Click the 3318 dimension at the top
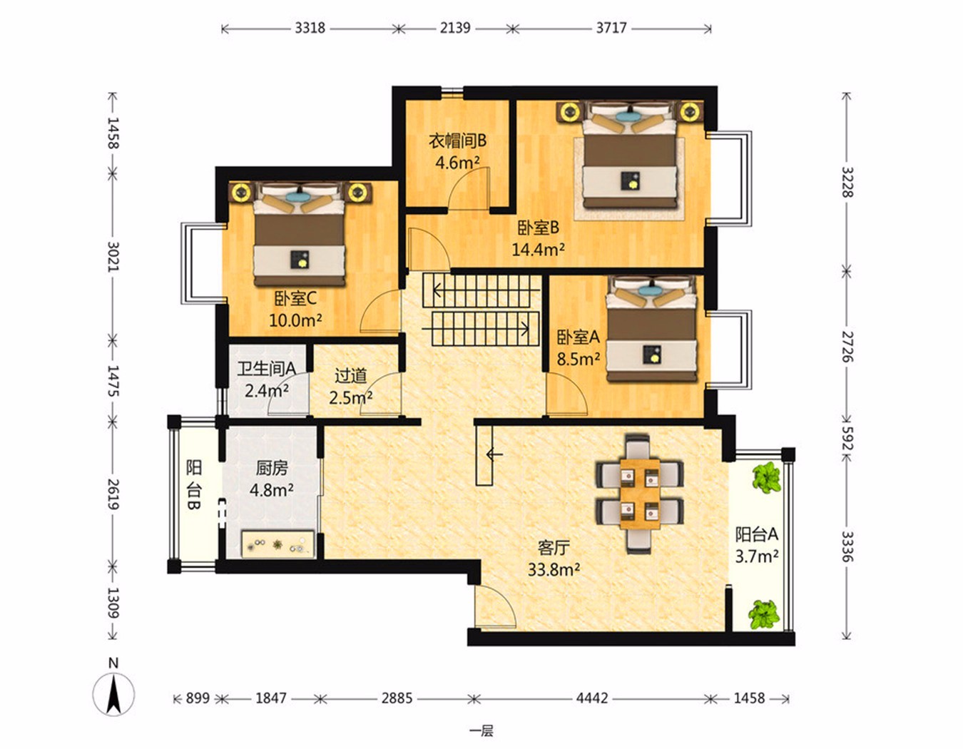coord(310,29)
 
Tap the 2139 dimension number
coord(455,29)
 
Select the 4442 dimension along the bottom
coord(592,698)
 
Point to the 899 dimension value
coord(198,698)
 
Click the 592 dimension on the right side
coord(847,438)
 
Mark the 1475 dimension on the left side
coord(113,381)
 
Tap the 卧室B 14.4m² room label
coord(539,240)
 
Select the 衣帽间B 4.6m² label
coord(457,152)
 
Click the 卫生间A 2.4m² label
coord(267,379)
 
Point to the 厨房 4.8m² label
coord(271,479)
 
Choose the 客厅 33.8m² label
coord(554,559)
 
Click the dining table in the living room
coord(640,494)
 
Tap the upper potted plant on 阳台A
coord(767,477)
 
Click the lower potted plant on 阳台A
coord(763,614)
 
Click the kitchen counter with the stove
coord(278,544)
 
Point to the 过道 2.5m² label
coord(350,387)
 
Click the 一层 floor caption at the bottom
coord(481,731)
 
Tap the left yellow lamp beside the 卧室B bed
coord(568,112)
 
